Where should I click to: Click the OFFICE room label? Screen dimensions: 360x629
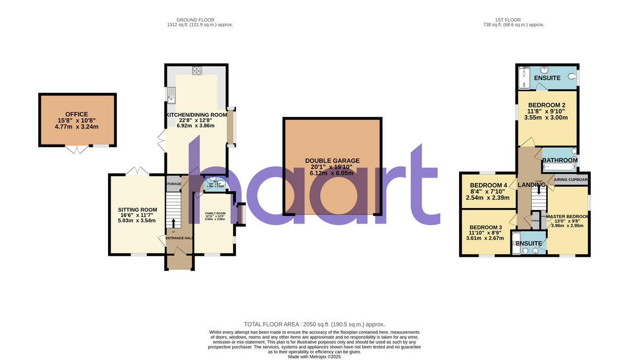click(77, 114)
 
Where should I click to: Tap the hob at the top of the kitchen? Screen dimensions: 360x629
click(197, 70)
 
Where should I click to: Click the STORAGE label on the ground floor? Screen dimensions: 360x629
click(173, 184)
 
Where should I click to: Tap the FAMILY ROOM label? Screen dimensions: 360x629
click(214, 213)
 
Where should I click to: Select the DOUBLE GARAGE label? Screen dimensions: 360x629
click(332, 161)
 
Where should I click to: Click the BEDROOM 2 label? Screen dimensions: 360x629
click(547, 105)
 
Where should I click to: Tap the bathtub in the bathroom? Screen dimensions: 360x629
click(559, 168)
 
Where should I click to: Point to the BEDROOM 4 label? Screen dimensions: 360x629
click(489, 186)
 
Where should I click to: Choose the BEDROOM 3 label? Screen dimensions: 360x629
click(486, 227)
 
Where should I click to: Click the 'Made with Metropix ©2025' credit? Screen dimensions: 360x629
click(314, 356)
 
